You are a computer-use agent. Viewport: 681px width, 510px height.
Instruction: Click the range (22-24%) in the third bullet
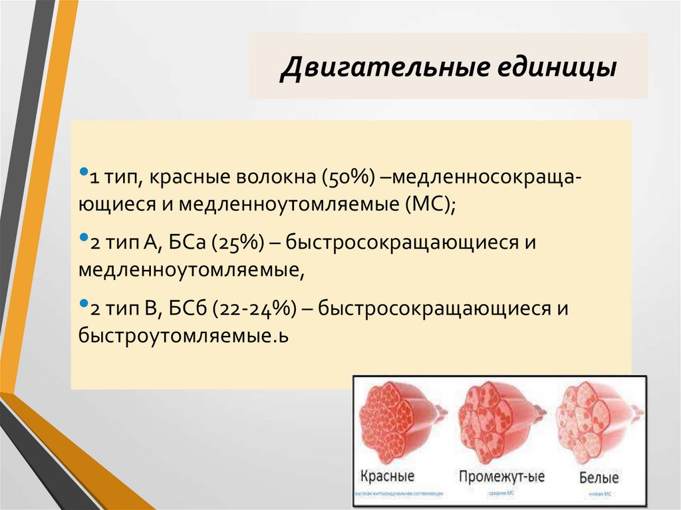(x=254, y=309)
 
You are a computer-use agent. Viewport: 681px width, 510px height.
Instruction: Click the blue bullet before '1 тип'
(x=83, y=172)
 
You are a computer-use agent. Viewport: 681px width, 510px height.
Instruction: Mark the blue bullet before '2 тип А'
(x=83, y=237)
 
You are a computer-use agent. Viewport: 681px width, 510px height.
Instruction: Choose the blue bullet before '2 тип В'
(x=83, y=303)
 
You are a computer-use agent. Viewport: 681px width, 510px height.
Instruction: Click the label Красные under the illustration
(x=386, y=477)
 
